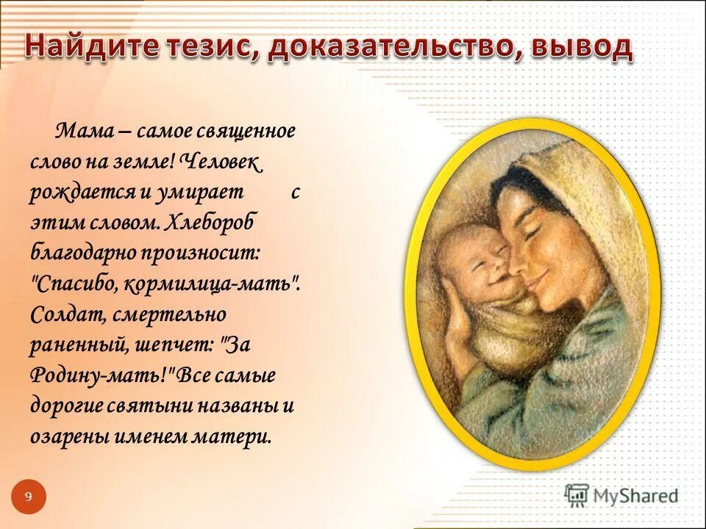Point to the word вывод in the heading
(576, 48)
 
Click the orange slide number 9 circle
(29, 497)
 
